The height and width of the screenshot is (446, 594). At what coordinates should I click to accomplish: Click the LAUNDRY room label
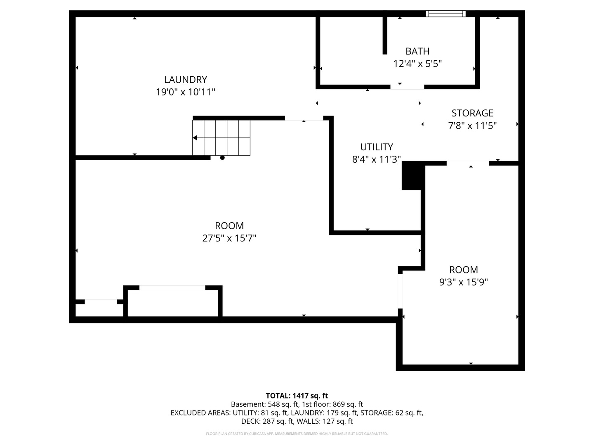coord(185,80)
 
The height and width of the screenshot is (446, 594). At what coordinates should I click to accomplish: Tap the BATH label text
coord(417,51)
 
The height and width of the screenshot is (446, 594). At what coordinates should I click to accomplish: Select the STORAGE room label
coord(472,113)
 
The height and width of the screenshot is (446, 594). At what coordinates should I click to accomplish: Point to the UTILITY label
coord(377,147)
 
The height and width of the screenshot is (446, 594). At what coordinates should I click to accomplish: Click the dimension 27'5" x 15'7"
coord(229,238)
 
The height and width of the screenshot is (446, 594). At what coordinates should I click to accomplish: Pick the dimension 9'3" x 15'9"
coord(463,282)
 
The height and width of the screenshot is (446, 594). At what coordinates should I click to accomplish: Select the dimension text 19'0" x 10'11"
coord(185,92)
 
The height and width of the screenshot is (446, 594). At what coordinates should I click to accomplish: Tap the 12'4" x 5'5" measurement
coord(417,64)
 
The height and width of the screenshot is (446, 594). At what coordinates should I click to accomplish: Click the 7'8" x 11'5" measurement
coord(472,126)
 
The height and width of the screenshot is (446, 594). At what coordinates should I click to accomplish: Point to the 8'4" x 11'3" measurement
coord(377,159)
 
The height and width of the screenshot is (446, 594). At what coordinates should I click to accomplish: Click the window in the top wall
coord(445,14)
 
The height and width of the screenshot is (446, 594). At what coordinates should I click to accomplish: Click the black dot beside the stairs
coord(222,158)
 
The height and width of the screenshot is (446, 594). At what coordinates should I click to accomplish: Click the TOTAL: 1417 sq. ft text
coord(297,396)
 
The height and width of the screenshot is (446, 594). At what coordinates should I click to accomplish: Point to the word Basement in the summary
coord(248,404)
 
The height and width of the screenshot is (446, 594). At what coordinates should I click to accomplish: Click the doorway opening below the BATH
coord(407,87)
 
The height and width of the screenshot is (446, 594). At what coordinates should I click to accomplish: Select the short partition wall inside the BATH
coord(385,36)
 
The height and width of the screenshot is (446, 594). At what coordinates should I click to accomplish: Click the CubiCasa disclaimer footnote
coord(297,434)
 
